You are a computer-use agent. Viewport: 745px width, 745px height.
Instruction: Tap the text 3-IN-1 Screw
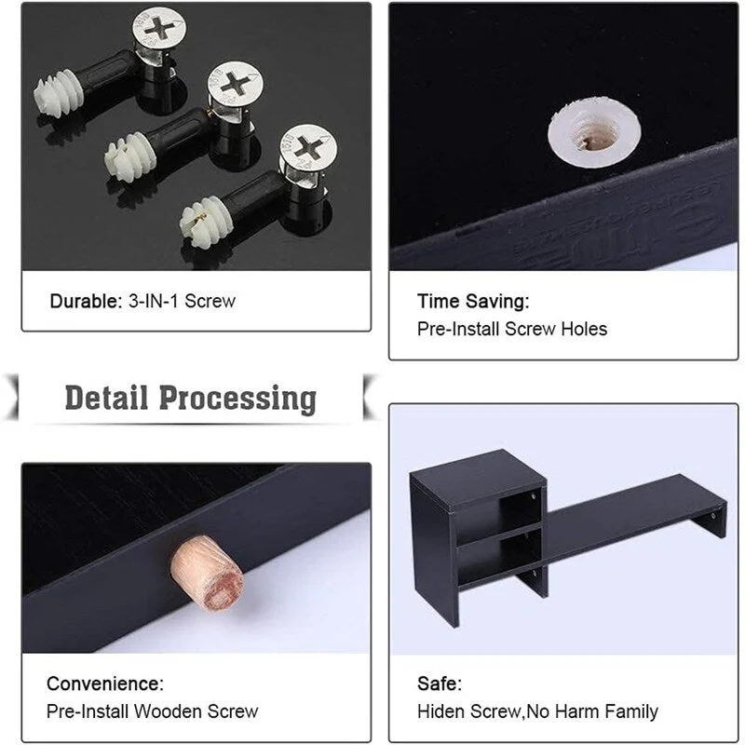pyautogui.click(x=183, y=302)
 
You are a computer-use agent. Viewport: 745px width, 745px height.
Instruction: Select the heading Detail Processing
pyautogui.click(x=190, y=398)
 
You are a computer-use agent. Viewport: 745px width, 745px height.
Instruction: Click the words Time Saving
pyautogui.click(x=473, y=301)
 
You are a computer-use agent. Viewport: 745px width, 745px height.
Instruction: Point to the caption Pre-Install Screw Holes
pyautogui.click(x=511, y=329)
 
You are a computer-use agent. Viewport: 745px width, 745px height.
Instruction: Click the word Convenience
pyautogui.click(x=104, y=684)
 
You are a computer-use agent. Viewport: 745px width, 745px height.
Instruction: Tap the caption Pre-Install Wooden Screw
pyautogui.click(x=152, y=711)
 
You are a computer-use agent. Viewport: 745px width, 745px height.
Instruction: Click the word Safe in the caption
pyautogui.click(x=439, y=684)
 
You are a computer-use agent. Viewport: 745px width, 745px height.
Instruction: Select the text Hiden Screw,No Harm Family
pyautogui.click(x=537, y=711)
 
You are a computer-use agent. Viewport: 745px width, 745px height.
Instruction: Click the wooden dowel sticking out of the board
pyautogui.click(x=208, y=572)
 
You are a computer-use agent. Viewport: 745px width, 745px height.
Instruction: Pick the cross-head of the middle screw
pyautogui.click(x=235, y=83)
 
